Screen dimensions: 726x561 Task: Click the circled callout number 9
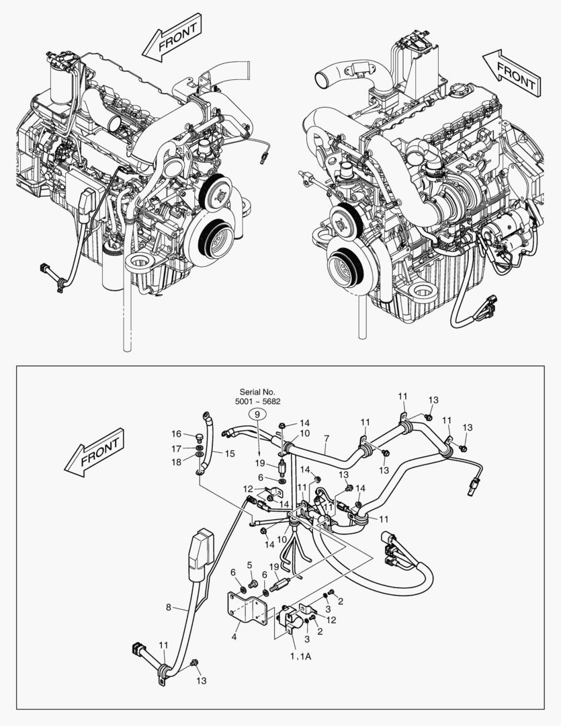(255, 415)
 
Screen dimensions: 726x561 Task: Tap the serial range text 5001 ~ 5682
(257, 401)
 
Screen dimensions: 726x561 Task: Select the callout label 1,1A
(300, 656)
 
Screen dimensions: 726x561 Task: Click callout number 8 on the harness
(168, 608)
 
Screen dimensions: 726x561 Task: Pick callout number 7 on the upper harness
(326, 440)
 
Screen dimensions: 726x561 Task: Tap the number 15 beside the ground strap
(229, 454)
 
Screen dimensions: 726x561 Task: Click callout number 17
(175, 448)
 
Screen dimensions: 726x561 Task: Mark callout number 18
(175, 462)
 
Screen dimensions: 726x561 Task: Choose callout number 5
(249, 565)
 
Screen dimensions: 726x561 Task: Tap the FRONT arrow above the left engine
(172, 40)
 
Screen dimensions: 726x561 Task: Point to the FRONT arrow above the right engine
(512, 72)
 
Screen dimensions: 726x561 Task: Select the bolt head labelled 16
(198, 438)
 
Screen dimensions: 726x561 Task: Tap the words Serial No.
(257, 391)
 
